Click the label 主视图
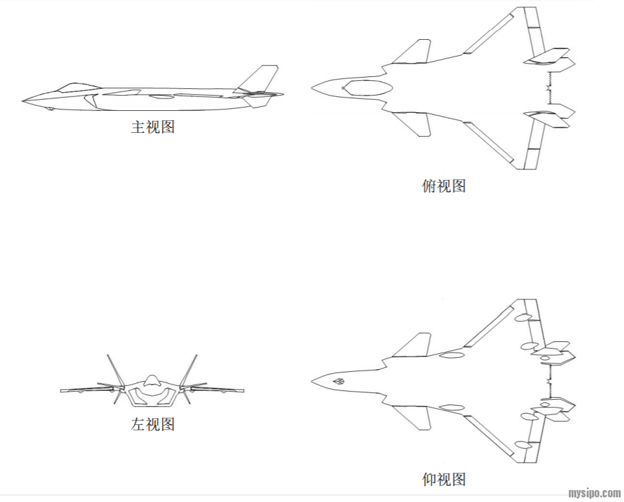click(152, 126)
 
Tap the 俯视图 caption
click(444, 185)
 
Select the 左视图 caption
click(152, 424)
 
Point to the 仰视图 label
click(444, 479)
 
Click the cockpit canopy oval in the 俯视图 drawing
click(366, 86)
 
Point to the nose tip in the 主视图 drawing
click(23, 101)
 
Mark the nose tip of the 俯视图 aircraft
click(312, 86)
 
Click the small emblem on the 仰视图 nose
click(337, 382)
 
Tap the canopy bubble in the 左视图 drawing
click(152, 380)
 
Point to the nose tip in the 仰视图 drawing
click(312, 381)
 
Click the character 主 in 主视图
click(137, 126)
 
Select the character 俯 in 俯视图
click(429, 185)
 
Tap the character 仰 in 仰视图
click(429, 479)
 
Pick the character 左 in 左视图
click(137, 424)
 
